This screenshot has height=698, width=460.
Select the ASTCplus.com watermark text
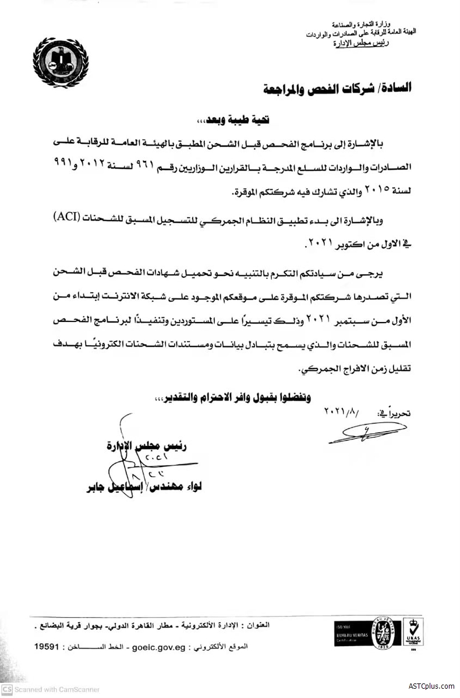click(431, 687)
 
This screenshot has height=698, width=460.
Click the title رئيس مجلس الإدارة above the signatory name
click(154, 448)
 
